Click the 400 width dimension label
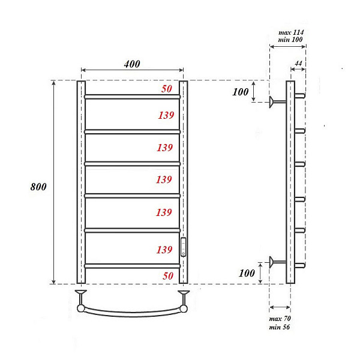tap(132, 64)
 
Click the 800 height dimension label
tap(38, 187)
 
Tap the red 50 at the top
tap(167, 89)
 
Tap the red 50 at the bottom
tap(168, 276)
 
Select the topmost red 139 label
tap(166, 115)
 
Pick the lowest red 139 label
tap(164, 250)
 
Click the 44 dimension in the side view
tap(298, 63)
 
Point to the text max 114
tap(291, 32)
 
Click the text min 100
tap(290, 40)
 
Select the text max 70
tap(280, 319)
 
